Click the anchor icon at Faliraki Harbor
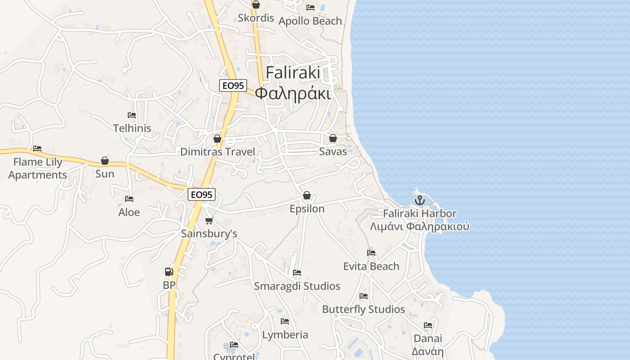click(419, 200)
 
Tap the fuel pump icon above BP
click(169, 271)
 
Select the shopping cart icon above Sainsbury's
click(209, 220)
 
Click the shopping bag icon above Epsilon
click(307, 195)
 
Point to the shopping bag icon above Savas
click(333, 138)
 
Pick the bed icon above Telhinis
click(131, 115)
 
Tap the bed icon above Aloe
click(129, 199)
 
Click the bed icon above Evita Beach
click(371, 253)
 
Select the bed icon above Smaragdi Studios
click(297, 273)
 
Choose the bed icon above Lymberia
click(285, 321)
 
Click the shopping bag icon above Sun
click(105, 161)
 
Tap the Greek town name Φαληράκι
click(293, 93)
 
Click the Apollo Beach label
click(310, 21)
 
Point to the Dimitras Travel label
click(217, 152)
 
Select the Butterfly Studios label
click(364, 309)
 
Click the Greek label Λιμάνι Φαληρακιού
click(419, 226)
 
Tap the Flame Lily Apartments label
click(38, 168)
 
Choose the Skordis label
click(256, 18)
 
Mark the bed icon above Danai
click(427, 325)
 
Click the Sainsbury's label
click(209, 234)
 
